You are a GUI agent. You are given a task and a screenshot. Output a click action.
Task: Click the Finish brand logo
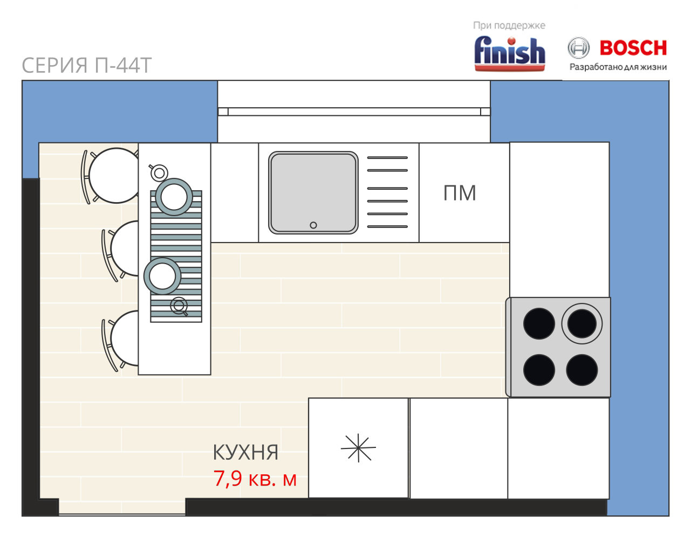tap(509, 53)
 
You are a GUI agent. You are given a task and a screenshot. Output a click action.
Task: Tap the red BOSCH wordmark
tap(633, 48)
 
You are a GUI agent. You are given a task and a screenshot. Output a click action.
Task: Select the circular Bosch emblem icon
tap(578, 48)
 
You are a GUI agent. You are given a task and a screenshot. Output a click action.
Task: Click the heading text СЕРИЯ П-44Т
tap(86, 65)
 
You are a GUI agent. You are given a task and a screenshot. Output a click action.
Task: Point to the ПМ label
tap(460, 193)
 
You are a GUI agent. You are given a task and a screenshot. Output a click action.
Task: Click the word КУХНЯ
tap(245, 452)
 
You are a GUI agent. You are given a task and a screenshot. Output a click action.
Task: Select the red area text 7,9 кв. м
tap(255, 479)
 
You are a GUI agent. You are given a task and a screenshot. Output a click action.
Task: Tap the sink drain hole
tap(313, 225)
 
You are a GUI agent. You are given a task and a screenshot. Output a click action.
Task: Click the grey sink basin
tap(313, 192)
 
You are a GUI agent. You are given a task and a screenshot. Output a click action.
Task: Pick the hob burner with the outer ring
tap(581, 323)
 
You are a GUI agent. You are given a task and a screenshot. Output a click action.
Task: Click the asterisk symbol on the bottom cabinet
tap(358, 448)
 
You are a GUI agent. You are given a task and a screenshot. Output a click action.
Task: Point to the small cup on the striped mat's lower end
tap(179, 306)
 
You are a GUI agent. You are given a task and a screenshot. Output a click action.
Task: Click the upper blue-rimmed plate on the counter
tap(174, 197)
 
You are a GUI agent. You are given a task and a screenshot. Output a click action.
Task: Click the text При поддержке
tap(509, 26)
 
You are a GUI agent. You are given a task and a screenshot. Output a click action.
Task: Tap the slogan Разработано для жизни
tap(618, 67)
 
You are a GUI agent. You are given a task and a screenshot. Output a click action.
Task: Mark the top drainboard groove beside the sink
tap(387, 157)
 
